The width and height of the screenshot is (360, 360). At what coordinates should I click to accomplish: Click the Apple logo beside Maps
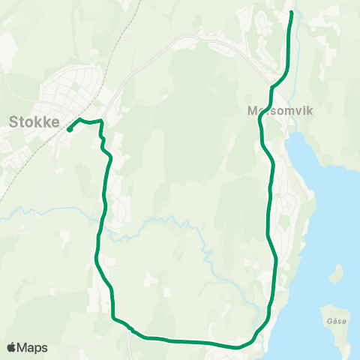click(x=11, y=347)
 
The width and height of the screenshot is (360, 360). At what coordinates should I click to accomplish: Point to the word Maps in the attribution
click(x=32, y=347)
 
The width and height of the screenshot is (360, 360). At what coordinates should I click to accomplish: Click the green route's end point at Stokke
click(x=69, y=130)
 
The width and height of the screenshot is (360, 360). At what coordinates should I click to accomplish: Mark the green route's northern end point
click(x=291, y=12)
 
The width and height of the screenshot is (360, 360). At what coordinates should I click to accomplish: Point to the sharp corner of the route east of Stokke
click(x=100, y=120)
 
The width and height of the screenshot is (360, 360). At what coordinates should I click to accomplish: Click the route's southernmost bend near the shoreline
click(x=238, y=347)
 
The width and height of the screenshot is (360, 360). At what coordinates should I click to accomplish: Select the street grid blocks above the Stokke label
click(x=71, y=86)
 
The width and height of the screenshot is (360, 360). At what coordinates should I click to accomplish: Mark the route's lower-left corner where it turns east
click(x=114, y=318)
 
